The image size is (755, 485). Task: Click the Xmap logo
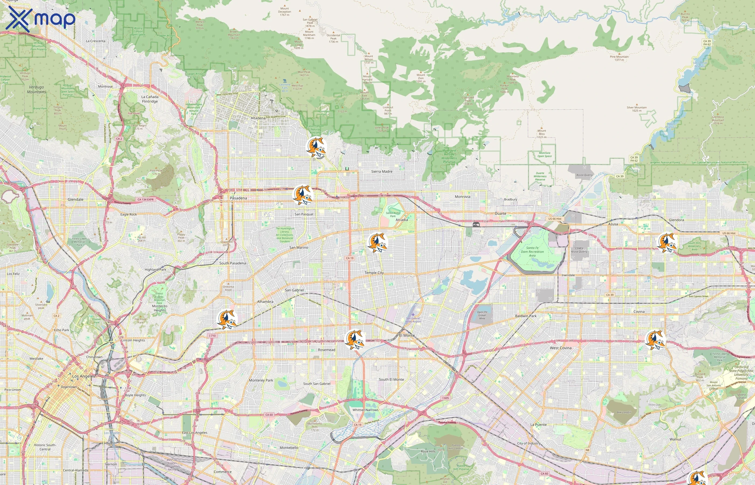click(x=40, y=19)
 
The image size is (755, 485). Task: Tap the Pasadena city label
click(x=238, y=198)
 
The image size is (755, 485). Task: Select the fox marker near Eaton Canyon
click(x=316, y=147)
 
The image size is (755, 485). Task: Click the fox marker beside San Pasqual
click(x=303, y=195)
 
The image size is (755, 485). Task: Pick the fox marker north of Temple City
click(x=377, y=242)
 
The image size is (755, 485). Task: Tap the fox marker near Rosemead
click(x=355, y=339)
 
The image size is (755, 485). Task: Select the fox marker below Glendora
click(x=667, y=242)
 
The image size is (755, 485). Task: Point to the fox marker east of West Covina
click(x=656, y=340)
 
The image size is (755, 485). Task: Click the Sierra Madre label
click(x=382, y=172)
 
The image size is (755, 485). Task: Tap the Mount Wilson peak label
click(x=369, y=59)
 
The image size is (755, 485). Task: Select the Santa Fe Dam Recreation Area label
click(x=532, y=252)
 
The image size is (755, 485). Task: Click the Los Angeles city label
click(x=84, y=376)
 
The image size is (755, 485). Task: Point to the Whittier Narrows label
click(x=365, y=410)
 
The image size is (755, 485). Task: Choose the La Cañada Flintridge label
click(x=150, y=99)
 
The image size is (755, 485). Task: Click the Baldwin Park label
click(x=526, y=316)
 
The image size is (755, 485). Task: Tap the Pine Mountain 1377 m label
click(x=619, y=58)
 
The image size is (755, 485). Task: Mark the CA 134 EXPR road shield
click(x=146, y=199)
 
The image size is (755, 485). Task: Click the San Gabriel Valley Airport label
click(x=413, y=320)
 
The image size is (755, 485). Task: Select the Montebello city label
click(x=289, y=448)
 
